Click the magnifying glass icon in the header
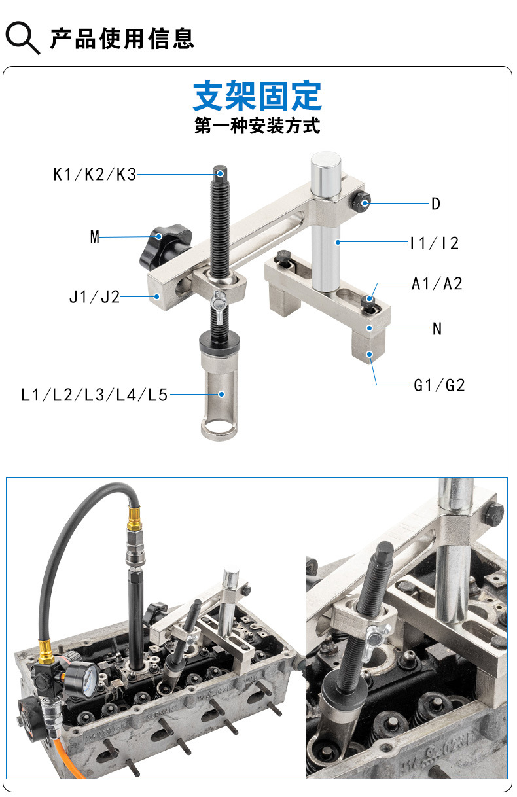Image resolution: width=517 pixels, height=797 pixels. (22, 38)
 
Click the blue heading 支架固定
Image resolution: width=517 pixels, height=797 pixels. (257, 96)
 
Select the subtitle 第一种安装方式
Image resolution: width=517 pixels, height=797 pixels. (257, 126)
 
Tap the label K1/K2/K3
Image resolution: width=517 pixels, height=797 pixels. (95, 175)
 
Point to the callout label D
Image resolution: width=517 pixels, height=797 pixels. (436, 204)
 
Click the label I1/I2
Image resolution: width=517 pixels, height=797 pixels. (435, 243)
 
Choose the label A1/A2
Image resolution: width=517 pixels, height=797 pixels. (437, 284)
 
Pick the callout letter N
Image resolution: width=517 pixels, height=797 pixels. (437, 328)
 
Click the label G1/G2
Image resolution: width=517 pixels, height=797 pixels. (439, 385)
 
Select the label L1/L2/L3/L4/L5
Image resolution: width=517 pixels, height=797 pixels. (94, 395)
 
